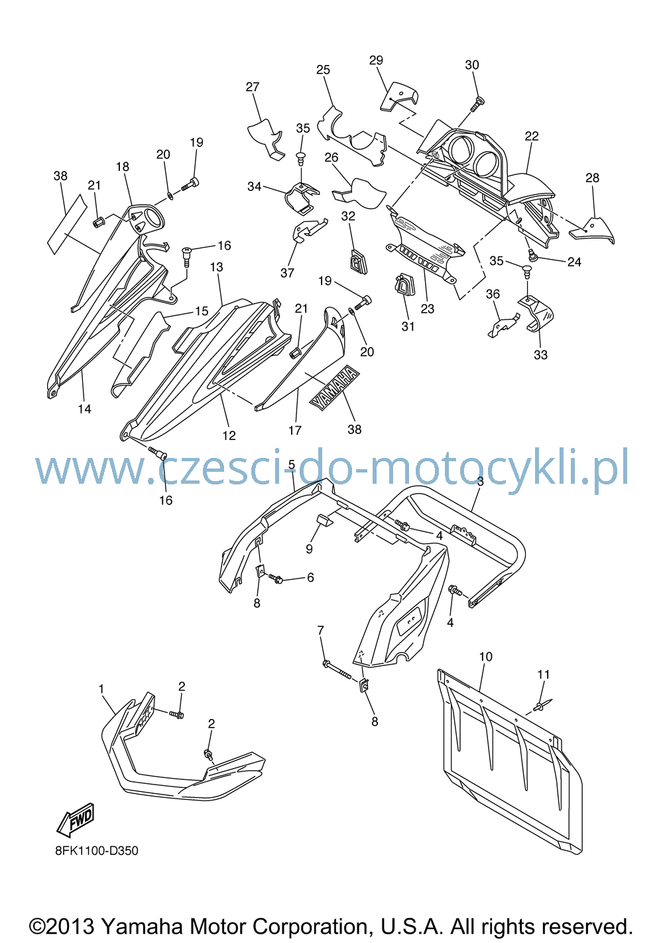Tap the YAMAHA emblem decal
point(335,387)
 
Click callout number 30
point(472,65)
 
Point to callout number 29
point(376,60)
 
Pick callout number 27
point(253,87)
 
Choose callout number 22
point(532,136)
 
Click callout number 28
point(592,178)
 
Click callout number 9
point(309,549)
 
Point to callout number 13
point(216,267)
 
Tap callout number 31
point(408,326)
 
